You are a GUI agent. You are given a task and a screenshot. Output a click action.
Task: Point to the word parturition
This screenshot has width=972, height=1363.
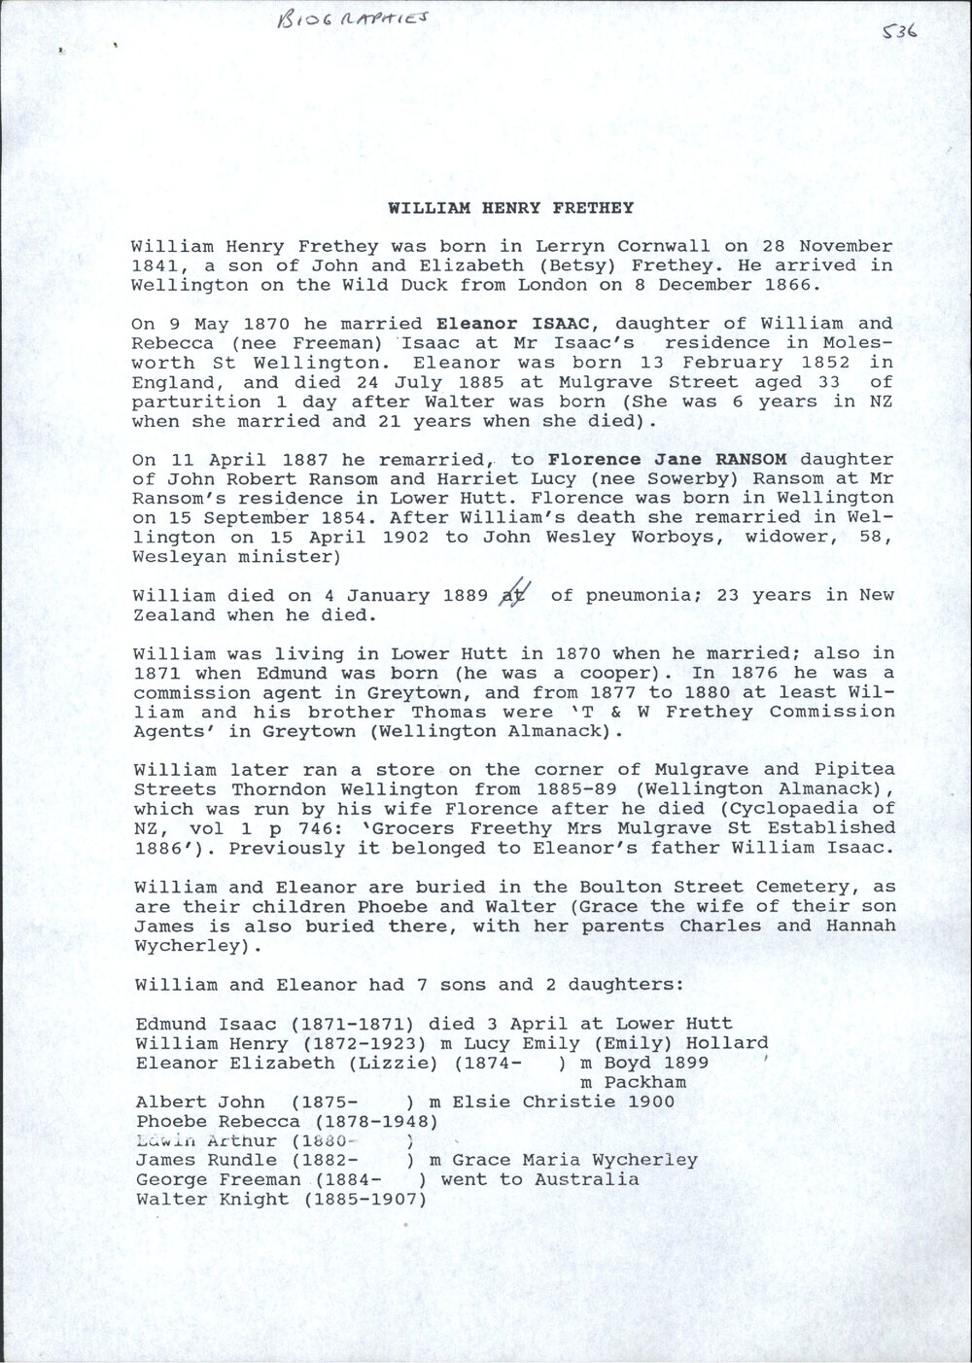pos(191,402)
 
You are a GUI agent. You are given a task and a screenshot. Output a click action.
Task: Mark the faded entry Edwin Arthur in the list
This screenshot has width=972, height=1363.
pos(206,1140)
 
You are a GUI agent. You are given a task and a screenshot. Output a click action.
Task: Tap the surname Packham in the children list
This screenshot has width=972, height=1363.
pos(645,1082)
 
